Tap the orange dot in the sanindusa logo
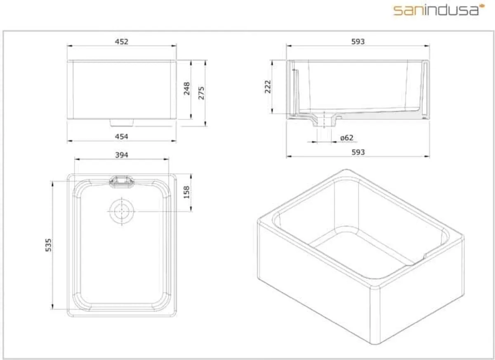[x=481, y=7]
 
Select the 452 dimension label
[x=122, y=41]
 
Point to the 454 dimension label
[x=122, y=136]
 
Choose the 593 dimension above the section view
[x=358, y=41]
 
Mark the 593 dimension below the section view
[x=358, y=152]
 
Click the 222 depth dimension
[x=267, y=87]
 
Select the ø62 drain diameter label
[x=347, y=138]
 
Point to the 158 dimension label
[x=186, y=193]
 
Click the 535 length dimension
[x=48, y=245]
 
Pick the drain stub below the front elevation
[x=122, y=123]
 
